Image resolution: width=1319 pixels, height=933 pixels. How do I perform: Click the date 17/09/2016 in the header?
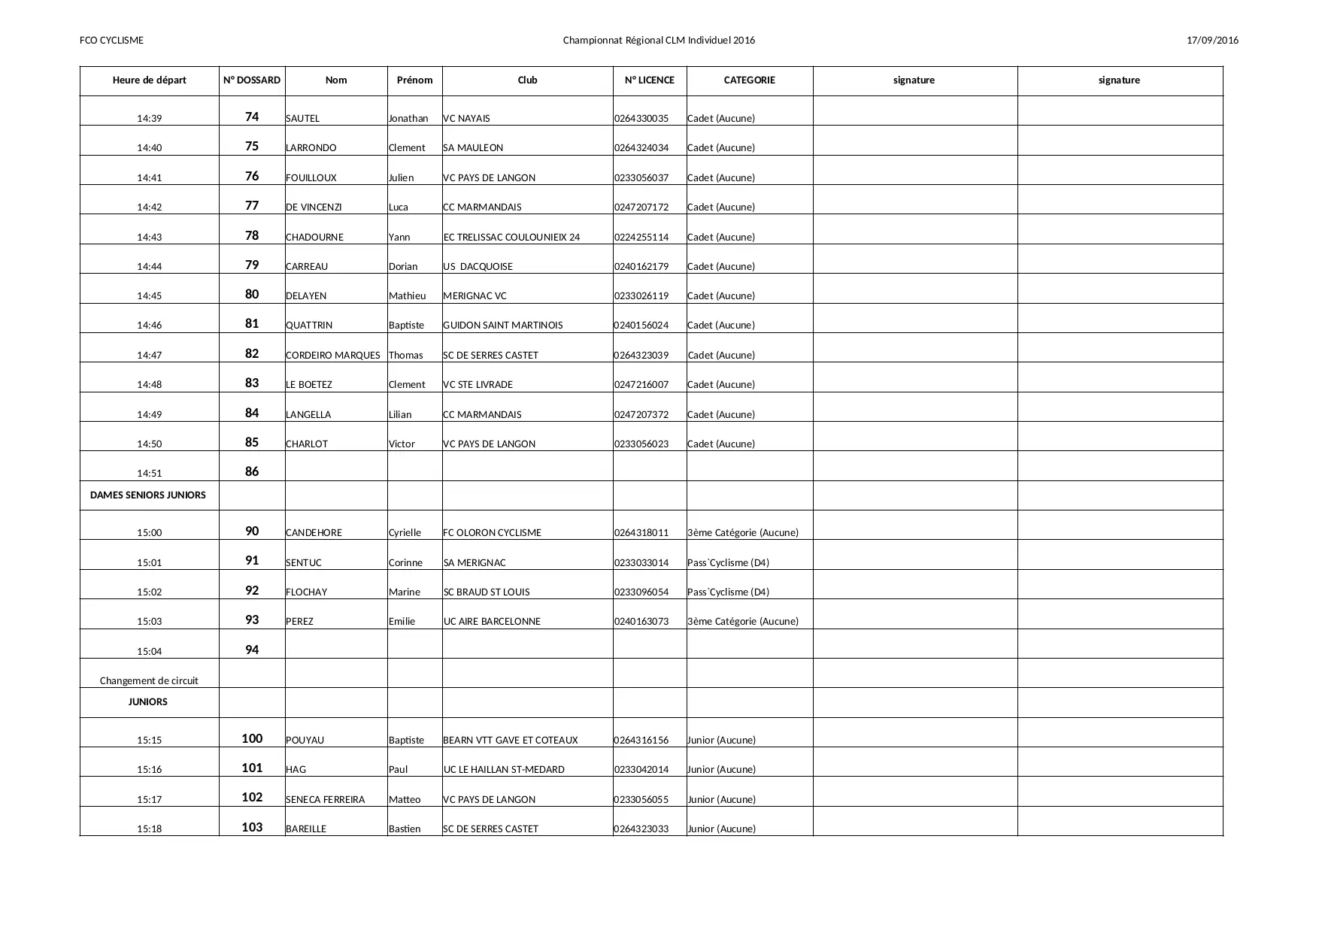click(1212, 41)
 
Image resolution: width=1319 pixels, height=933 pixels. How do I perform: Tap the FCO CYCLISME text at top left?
click(111, 41)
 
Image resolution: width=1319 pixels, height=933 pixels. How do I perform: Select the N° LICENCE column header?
click(649, 80)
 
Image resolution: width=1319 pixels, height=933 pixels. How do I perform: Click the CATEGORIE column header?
click(749, 80)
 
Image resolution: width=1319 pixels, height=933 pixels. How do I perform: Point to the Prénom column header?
click(414, 80)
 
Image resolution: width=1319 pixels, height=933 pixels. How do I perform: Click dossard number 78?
click(252, 235)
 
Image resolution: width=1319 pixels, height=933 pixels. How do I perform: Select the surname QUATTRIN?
click(309, 326)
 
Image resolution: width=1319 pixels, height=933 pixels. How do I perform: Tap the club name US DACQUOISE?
click(478, 267)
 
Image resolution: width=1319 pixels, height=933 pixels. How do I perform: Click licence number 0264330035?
click(641, 119)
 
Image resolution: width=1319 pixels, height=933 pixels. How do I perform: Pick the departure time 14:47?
click(149, 356)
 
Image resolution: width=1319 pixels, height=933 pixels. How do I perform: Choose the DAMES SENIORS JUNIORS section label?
click(148, 495)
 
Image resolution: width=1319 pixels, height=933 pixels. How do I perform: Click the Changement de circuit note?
click(149, 681)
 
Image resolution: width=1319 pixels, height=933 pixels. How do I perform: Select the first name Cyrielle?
click(405, 533)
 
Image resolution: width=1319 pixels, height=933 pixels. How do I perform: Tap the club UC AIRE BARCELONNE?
click(492, 622)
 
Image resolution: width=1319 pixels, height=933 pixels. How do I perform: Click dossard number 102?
click(252, 798)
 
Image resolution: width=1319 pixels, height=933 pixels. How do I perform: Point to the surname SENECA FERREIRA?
click(325, 800)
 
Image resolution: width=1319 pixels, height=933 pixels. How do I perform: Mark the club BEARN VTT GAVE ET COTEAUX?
click(510, 741)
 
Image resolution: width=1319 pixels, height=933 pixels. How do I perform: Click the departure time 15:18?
click(149, 829)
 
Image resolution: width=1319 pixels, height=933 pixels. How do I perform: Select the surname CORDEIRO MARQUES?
click(332, 356)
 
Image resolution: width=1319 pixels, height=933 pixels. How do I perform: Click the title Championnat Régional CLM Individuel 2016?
click(659, 41)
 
